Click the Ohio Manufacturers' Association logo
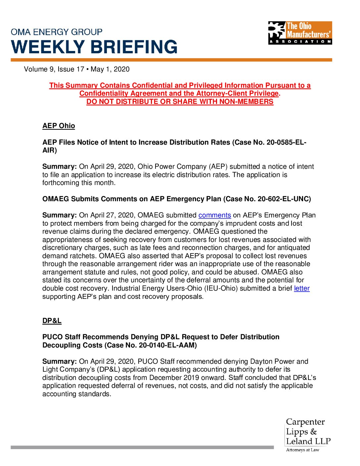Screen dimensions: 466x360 click(300, 33)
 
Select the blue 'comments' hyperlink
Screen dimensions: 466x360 click(214, 215)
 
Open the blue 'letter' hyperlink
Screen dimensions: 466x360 click(302, 289)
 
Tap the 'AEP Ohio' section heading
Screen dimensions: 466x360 click(59, 126)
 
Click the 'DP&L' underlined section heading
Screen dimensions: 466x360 click(52, 321)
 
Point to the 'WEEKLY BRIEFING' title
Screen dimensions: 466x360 click(94, 47)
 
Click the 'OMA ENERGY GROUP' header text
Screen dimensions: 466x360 click(57, 32)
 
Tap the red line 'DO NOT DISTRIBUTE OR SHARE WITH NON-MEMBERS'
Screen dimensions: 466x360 click(180, 102)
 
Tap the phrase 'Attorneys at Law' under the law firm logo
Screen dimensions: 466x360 click(302, 450)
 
